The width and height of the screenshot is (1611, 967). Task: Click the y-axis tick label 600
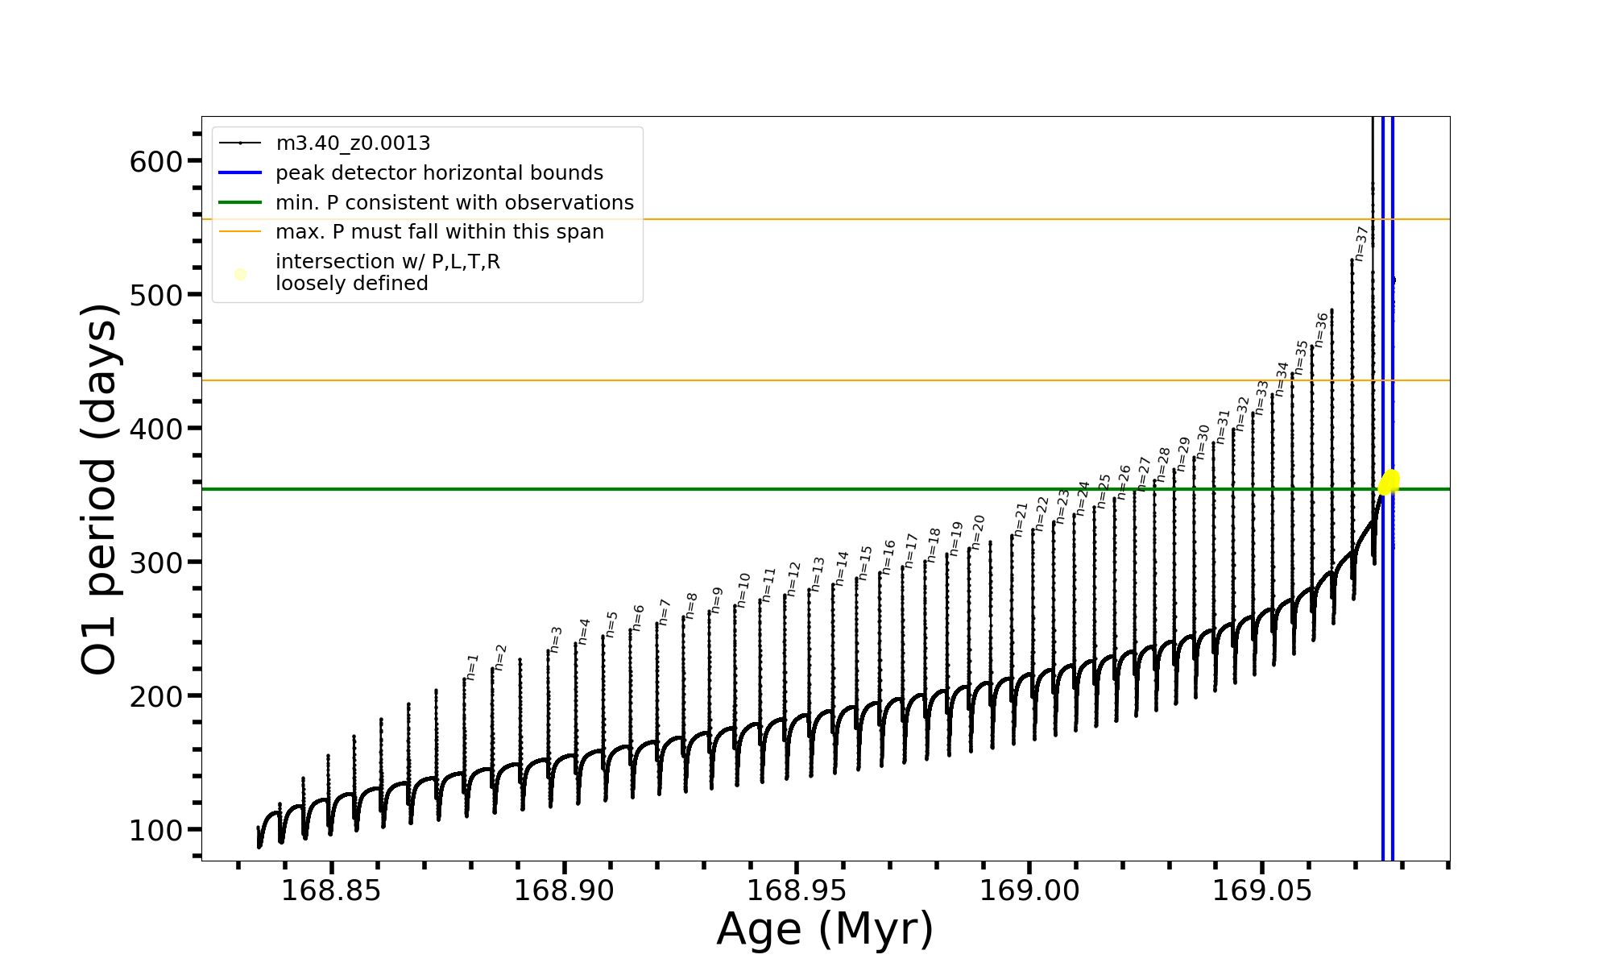[x=155, y=162]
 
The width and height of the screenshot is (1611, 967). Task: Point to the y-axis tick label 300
[x=155, y=562]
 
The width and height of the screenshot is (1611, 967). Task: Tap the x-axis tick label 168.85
[x=330, y=890]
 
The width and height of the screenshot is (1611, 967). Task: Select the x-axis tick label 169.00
[x=1029, y=890]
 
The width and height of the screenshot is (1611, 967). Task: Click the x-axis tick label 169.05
[x=1261, y=890]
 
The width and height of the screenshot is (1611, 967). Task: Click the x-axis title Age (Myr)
[x=825, y=929]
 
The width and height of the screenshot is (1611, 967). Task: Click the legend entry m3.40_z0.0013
[x=353, y=143]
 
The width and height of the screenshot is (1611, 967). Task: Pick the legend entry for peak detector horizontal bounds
[x=439, y=173]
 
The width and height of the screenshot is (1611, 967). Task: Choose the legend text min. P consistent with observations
[x=454, y=202]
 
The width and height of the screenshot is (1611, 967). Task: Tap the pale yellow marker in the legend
[x=240, y=275]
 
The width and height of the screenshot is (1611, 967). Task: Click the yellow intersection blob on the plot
[x=1389, y=482]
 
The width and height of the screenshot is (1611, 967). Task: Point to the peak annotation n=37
[x=1361, y=243]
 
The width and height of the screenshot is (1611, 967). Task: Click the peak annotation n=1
[x=472, y=667]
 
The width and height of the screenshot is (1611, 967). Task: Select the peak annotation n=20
[x=978, y=532]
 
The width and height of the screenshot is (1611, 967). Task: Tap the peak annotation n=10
[x=743, y=590]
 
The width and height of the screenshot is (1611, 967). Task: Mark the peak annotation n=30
[x=1203, y=442]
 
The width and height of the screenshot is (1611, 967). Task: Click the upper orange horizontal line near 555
[x=805, y=219]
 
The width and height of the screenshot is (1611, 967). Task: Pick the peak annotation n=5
[x=612, y=625]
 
